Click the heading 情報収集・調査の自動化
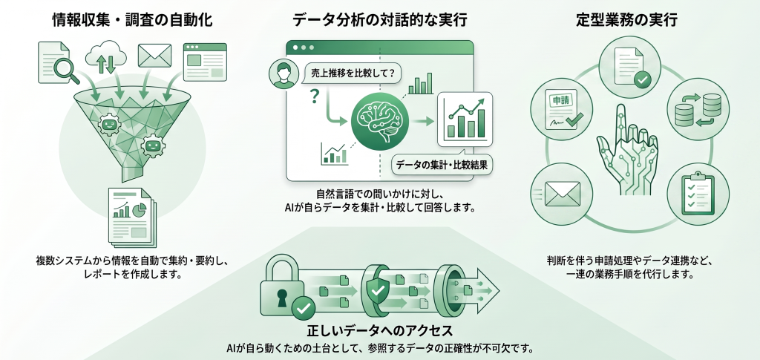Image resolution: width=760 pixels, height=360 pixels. tap(132, 20)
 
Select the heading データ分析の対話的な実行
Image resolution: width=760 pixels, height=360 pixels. tap(379, 20)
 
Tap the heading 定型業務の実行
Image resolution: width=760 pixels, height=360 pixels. tap(626, 20)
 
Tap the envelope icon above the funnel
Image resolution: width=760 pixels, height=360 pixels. tap(154, 55)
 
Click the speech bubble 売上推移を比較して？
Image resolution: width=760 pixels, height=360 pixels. tap(350, 73)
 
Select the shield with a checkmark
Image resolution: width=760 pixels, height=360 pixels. tap(377, 290)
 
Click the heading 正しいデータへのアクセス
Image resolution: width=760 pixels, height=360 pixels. tap(380, 331)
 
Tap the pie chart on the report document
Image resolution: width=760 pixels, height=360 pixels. tap(139, 209)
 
